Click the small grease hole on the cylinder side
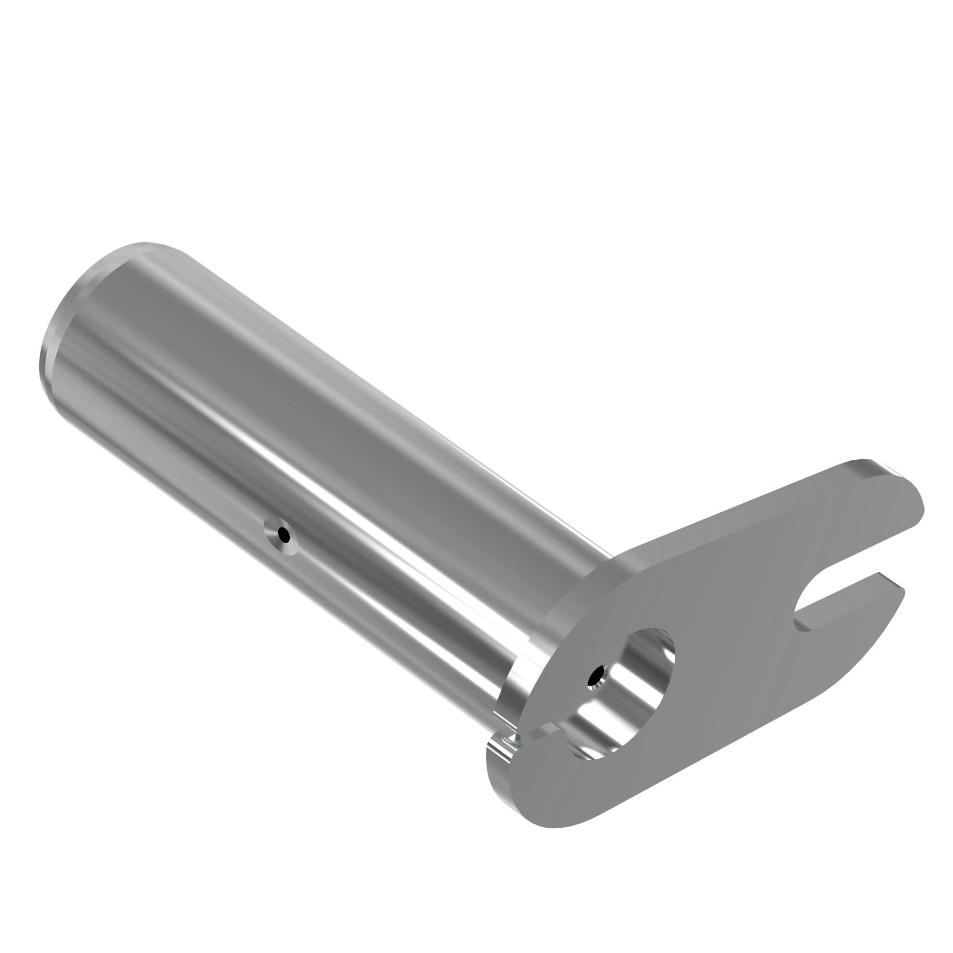(283, 534)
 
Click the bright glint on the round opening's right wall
(663, 656)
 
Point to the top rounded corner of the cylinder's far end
(143, 244)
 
